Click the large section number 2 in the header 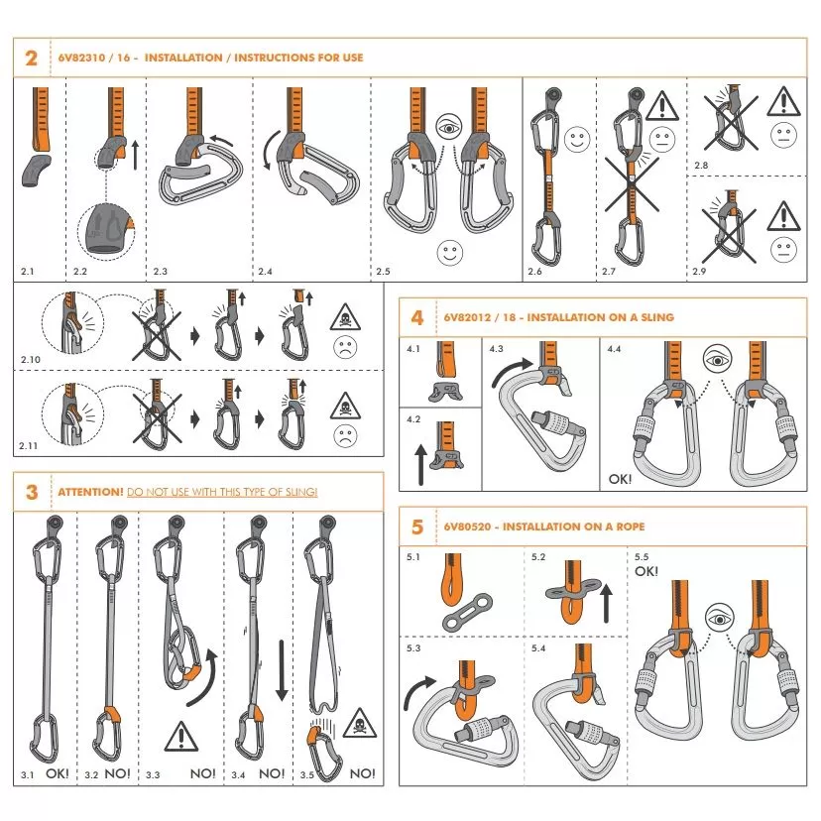point(31,59)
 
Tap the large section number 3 point(33,492)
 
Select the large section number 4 point(417,317)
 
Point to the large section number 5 point(417,527)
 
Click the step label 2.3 point(161,270)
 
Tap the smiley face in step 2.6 point(576,140)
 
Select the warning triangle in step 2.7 point(660,103)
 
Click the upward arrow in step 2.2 point(135,154)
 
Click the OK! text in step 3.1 point(57,772)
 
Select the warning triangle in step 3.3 point(180,736)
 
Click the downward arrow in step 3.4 point(281,670)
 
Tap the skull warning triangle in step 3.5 point(358,724)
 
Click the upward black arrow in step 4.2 point(419,463)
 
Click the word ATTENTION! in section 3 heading point(90,492)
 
